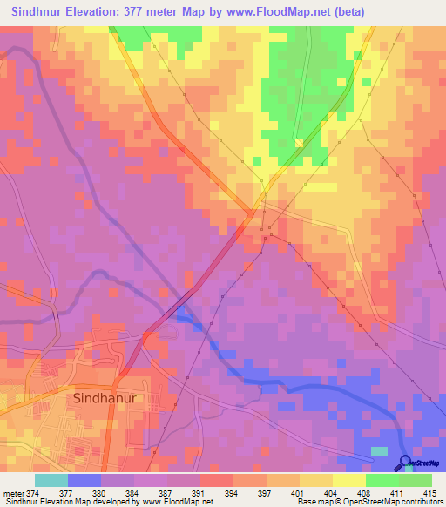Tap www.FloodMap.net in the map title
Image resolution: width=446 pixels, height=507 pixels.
(282, 11)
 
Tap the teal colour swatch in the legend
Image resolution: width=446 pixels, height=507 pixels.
(51, 480)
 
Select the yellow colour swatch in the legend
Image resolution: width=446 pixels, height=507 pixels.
(349, 480)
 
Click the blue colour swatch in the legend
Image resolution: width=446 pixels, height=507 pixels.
(84, 480)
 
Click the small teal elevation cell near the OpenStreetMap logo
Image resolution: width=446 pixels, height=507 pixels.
(379, 451)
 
